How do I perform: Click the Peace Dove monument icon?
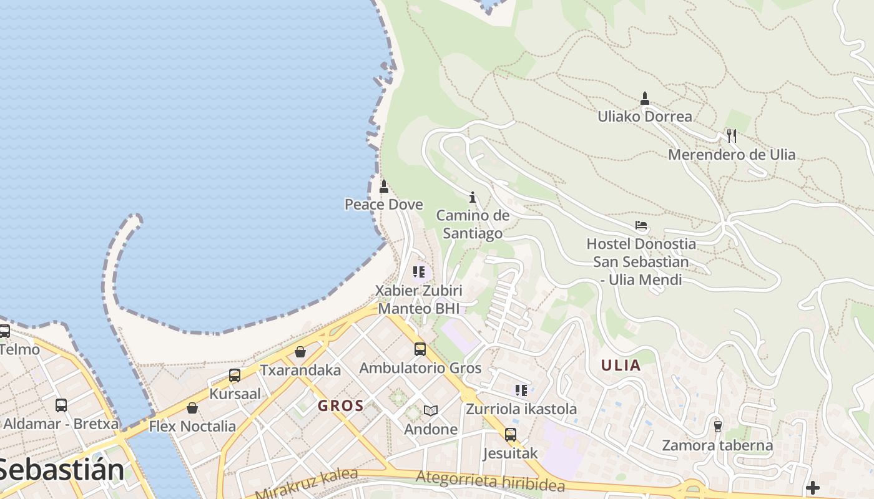pyautogui.click(x=384, y=186)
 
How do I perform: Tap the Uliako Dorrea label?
pyautogui.click(x=645, y=117)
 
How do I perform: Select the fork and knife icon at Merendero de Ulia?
pyautogui.click(x=732, y=135)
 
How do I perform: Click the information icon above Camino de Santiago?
pyautogui.click(x=473, y=197)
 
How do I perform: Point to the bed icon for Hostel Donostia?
pyautogui.click(x=641, y=225)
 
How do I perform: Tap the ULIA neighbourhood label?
pyautogui.click(x=621, y=366)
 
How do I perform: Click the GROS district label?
pyautogui.click(x=341, y=406)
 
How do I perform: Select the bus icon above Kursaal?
pyautogui.click(x=235, y=375)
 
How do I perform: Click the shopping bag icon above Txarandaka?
pyautogui.click(x=300, y=352)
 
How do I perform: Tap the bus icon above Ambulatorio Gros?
pyautogui.click(x=420, y=349)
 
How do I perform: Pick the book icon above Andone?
pyautogui.click(x=430, y=410)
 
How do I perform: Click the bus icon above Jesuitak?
pyautogui.click(x=511, y=434)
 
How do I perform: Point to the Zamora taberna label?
pyautogui.click(x=717, y=445)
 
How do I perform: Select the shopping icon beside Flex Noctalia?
pyautogui.click(x=192, y=408)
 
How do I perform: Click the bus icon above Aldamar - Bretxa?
pyautogui.click(x=61, y=405)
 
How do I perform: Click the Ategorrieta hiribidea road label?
pyautogui.click(x=490, y=481)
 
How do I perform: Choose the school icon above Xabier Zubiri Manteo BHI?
pyautogui.click(x=419, y=272)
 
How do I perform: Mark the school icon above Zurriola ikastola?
pyautogui.click(x=521, y=390)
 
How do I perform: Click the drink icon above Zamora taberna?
pyautogui.click(x=717, y=427)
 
